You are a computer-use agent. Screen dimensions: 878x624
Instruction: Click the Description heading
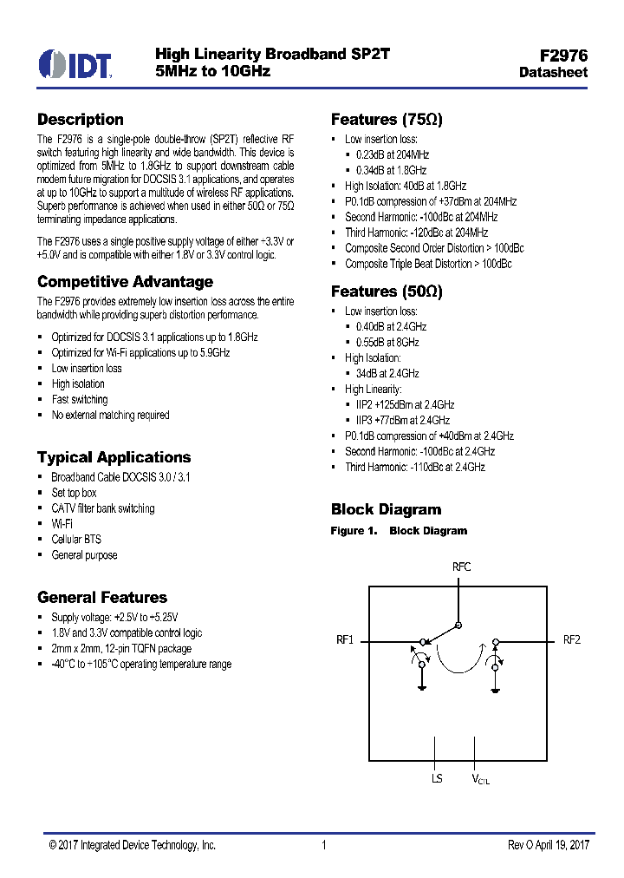coord(81,120)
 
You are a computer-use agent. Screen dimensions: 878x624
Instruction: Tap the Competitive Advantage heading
coord(125,282)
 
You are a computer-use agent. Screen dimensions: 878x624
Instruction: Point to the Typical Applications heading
coord(114,457)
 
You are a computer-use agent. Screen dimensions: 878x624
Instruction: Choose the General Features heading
coord(102,598)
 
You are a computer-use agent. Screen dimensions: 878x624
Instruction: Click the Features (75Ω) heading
coord(387,120)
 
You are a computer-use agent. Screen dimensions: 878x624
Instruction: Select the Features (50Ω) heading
coord(387,292)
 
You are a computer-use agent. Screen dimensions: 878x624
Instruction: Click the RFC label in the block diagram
coord(462,567)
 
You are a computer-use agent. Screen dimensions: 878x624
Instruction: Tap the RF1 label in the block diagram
coord(345,640)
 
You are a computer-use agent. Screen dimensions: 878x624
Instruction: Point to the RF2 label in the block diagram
coord(572,640)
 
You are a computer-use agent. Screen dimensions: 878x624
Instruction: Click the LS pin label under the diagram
coord(437,779)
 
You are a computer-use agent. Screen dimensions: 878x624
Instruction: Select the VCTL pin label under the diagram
coord(480,780)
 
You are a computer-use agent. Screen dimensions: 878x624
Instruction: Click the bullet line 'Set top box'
coord(75,493)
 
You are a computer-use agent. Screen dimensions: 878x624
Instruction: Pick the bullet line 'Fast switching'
coord(80,400)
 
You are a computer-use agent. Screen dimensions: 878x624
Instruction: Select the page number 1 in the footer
coord(323,845)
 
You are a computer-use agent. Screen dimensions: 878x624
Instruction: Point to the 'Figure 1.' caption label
coord(354,531)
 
